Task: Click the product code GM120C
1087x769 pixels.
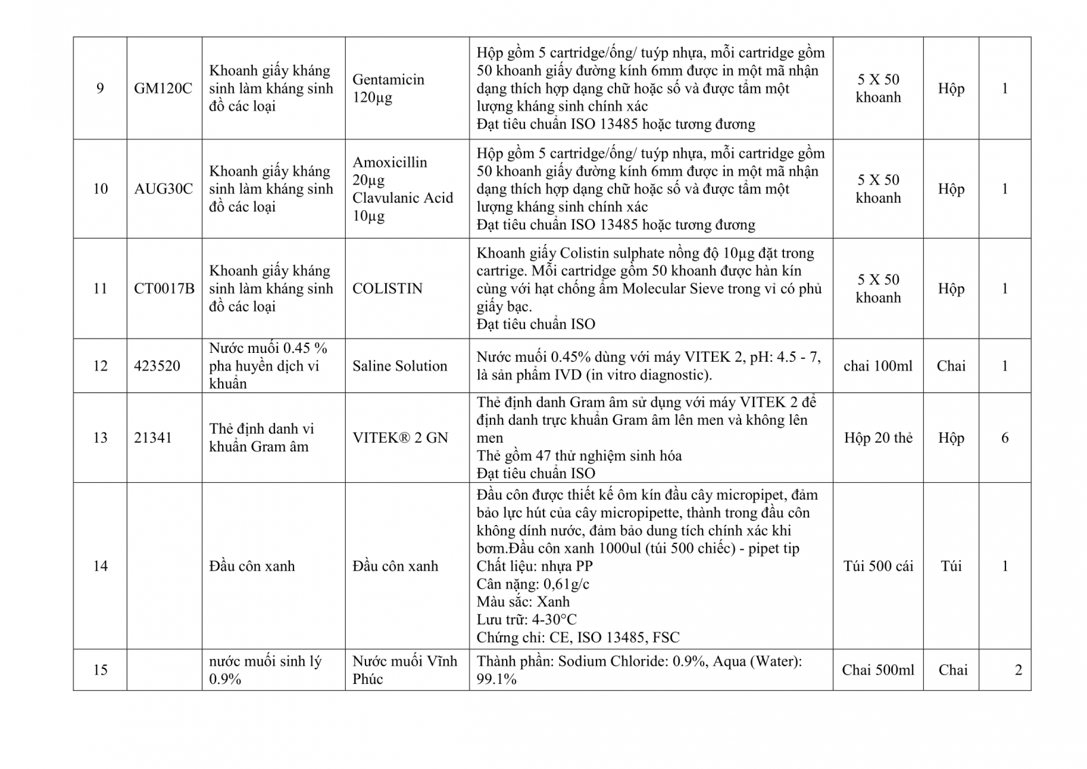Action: [x=163, y=88]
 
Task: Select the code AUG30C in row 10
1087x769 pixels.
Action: [x=163, y=189]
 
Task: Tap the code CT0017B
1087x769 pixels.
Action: [x=164, y=288]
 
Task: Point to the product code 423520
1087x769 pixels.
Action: [x=157, y=366]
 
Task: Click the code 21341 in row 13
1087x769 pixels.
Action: [x=153, y=438]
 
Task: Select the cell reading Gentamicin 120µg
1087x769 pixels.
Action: [x=388, y=88]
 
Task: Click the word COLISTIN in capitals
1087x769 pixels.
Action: [x=387, y=288]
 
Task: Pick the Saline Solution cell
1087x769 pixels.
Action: [x=399, y=366]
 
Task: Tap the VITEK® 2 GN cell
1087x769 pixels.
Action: [x=400, y=438]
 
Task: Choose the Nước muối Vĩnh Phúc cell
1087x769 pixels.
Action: [x=405, y=670]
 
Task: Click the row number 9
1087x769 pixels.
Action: [x=100, y=88]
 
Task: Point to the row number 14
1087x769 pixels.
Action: [x=100, y=566]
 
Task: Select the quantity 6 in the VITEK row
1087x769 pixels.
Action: [x=1005, y=438]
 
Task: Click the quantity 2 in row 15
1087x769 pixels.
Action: [x=1018, y=670]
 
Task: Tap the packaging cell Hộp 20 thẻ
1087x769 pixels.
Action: [x=878, y=438]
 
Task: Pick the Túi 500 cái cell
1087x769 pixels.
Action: [x=878, y=566]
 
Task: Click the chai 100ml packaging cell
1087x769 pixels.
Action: [x=878, y=366]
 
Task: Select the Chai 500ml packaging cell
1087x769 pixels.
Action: [x=878, y=670]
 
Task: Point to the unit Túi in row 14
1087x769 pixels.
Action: [x=951, y=566]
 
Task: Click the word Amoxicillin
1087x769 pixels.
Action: [x=389, y=163]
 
